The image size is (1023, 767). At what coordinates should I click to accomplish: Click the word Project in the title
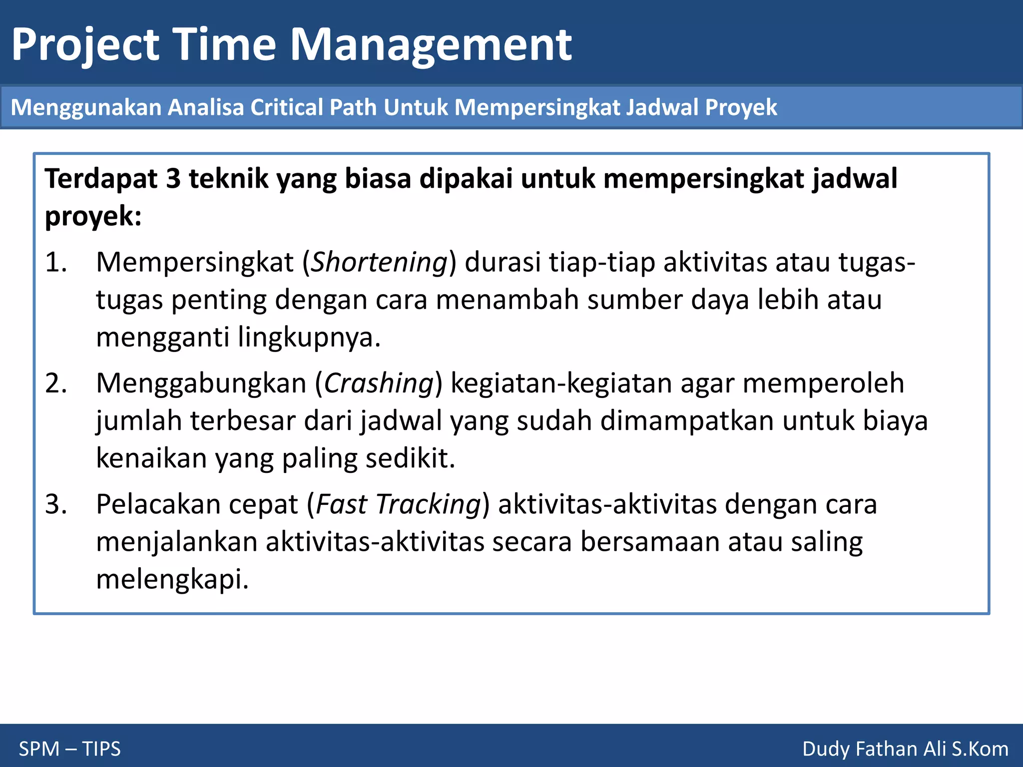coord(85,45)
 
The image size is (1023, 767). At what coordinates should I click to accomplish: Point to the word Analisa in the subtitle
coord(205,107)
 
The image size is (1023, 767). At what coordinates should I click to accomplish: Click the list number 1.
coord(55,262)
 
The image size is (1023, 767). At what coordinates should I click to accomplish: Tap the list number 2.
coord(55,383)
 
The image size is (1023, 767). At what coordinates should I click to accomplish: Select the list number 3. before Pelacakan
coord(55,504)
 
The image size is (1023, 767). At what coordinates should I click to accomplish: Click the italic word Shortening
coord(379,262)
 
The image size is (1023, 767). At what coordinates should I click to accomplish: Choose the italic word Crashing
coord(379,383)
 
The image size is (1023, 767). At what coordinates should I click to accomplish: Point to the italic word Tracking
coord(428,504)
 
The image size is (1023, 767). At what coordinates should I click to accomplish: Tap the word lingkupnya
coord(309,338)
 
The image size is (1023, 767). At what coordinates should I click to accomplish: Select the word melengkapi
coord(172,580)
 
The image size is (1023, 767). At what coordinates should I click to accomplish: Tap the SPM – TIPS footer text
coord(70,749)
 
